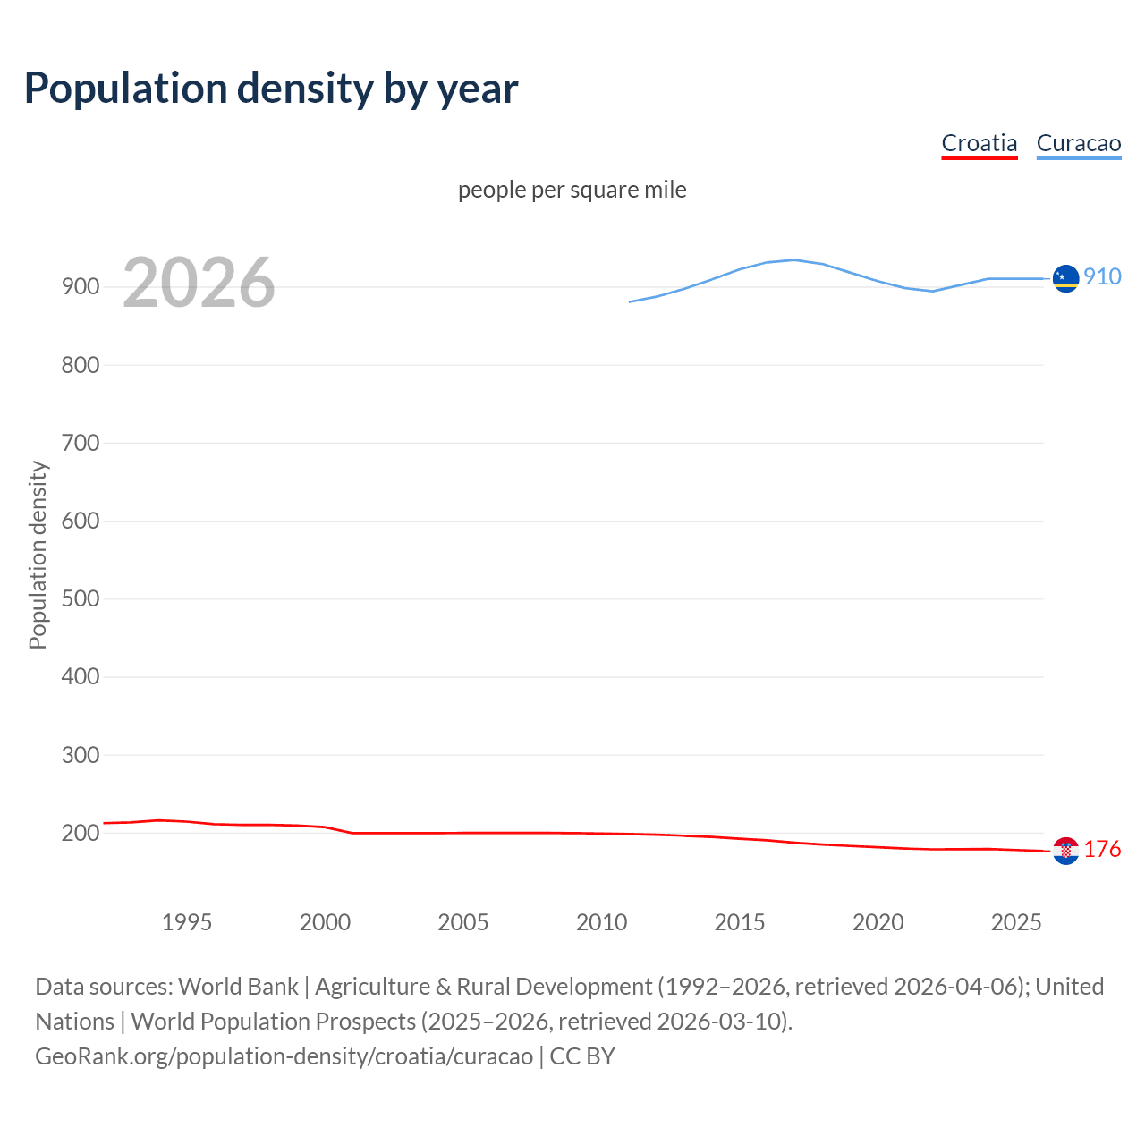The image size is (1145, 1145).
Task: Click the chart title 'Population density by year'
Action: [271, 89]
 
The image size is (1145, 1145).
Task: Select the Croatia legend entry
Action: [980, 143]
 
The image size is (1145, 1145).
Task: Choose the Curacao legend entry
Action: [1078, 143]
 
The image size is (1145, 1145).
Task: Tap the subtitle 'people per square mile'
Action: [572, 190]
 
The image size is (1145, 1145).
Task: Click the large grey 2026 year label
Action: [199, 283]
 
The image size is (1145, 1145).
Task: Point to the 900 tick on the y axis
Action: [80, 287]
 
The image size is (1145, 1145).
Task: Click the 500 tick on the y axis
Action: [80, 598]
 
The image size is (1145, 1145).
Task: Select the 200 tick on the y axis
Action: [80, 833]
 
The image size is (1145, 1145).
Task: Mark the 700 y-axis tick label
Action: [80, 443]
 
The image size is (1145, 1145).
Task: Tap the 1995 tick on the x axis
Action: [187, 922]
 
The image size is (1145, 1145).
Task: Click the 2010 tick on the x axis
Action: [601, 922]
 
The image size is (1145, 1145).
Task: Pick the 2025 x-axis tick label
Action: [1016, 922]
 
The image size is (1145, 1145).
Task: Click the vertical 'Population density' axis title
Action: [38, 555]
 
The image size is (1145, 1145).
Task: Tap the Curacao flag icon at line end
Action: [1065, 279]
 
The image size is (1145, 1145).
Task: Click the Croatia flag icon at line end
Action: [1065, 851]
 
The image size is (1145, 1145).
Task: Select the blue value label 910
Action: [1102, 276]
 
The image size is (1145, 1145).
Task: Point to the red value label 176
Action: [1102, 849]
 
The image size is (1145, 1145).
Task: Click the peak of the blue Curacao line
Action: [794, 259]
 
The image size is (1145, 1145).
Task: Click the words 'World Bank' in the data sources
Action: [238, 986]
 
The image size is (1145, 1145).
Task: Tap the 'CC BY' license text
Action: [582, 1056]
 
